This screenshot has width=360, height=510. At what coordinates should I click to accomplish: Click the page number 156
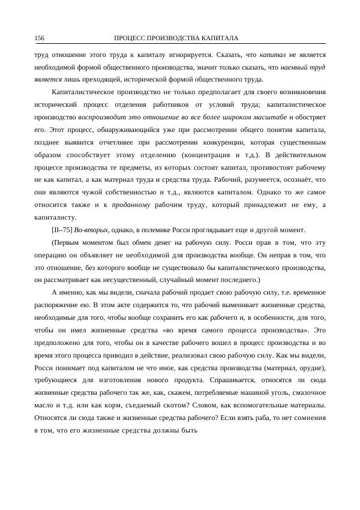pos(39,38)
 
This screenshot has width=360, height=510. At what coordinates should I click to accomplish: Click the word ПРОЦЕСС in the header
pos(130,38)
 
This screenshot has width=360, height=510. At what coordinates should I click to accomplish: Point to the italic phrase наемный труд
pos(302,67)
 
